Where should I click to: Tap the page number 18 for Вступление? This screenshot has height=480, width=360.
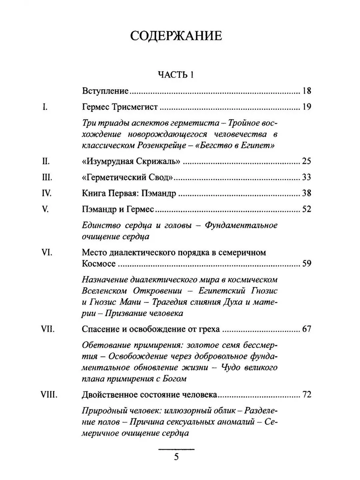(x=307, y=91)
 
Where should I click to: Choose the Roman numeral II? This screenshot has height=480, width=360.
(x=46, y=162)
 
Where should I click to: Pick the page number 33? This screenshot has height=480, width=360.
(x=307, y=178)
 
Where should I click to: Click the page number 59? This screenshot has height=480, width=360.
(x=307, y=264)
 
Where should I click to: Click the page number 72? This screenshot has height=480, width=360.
(x=307, y=395)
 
